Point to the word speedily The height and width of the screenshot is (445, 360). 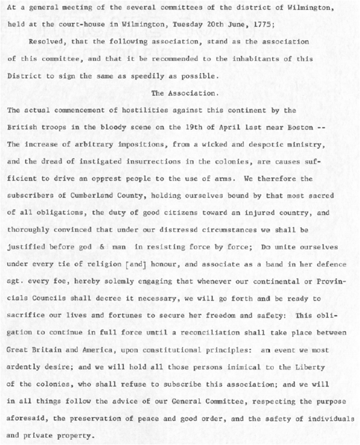[143, 76]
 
